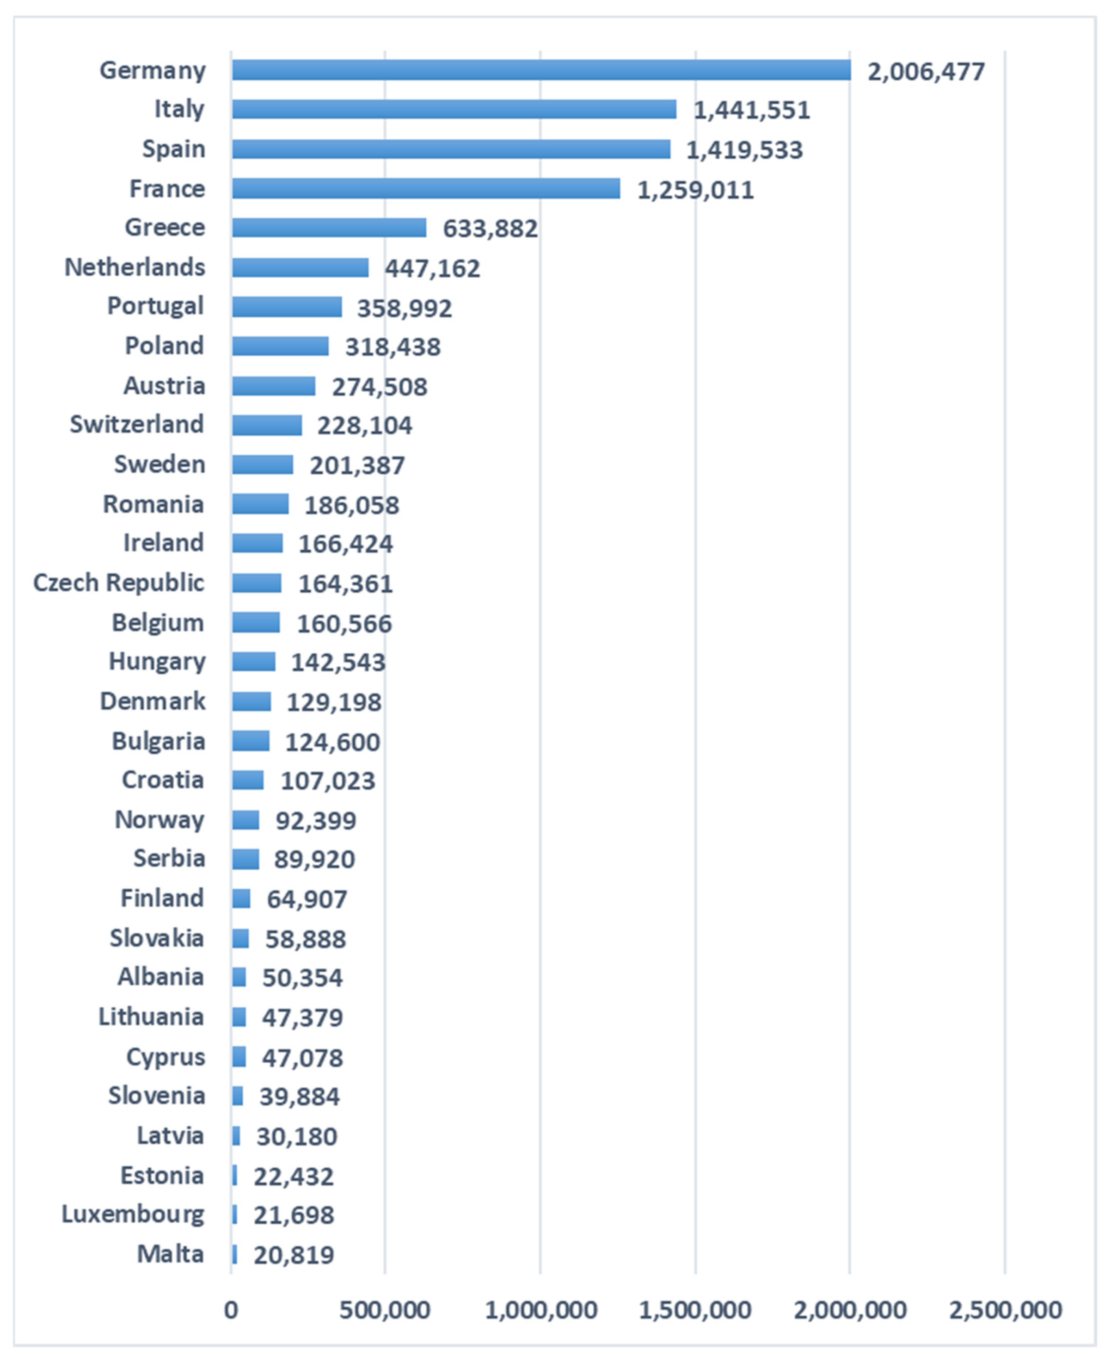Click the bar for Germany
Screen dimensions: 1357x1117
coord(540,70)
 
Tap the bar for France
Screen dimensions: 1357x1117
coord(425,189)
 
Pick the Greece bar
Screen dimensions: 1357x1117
coord(329,228)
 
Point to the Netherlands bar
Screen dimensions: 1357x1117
coord(300,268)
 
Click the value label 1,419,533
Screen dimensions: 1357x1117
coord(744,150)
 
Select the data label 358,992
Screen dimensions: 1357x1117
coord(404,308)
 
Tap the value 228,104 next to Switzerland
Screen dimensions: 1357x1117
coord(364,426)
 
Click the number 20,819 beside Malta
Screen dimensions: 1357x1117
coord(294,1255)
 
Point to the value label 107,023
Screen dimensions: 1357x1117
coord(327,781)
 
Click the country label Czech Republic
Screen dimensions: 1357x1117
coord(119,582)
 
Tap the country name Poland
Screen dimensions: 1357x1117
coord(165,346)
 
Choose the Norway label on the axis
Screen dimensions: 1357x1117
coord(160,819)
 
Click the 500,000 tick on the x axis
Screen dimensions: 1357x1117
coord(385,1310)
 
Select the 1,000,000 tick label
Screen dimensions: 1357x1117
coord(540,1310)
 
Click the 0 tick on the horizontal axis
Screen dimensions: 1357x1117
coord(231,1310)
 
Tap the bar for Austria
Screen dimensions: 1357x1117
coord(273,386)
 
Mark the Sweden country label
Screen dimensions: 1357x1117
coord(160,464)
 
